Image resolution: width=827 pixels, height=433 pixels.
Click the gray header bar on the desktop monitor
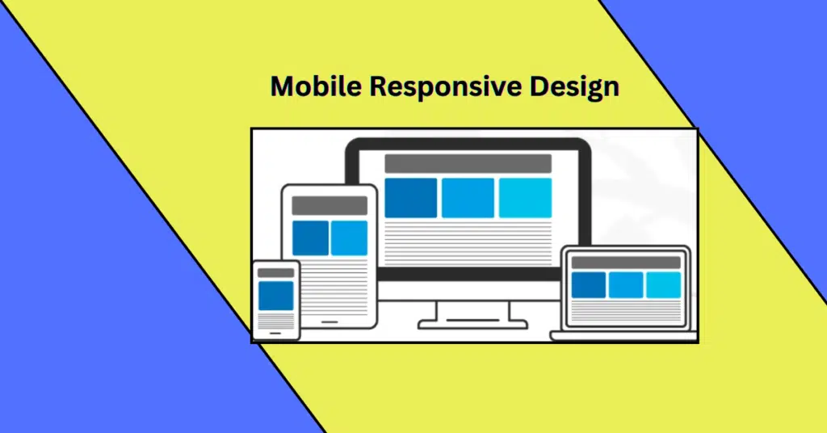pos(468,163)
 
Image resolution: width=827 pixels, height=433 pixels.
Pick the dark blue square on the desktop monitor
pos(410,198)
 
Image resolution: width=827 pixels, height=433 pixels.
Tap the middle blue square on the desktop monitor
pos(468,198)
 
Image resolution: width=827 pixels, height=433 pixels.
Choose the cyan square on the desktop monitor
pos(525,198)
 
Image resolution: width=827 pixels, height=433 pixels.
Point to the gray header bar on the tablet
pos(329,205)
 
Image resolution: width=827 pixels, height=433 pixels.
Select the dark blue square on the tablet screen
pos(310,238)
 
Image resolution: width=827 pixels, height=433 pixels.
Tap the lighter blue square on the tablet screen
pos(349,238)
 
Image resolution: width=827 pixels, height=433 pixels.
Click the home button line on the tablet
pos(330,321)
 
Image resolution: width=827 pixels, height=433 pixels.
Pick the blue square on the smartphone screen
pos(276,296)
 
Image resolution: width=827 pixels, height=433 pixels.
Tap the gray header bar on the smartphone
pos(276,273)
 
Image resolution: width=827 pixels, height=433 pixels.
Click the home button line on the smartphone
pos(276,332)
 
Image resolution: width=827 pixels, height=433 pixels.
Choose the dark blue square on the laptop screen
pos(588,284)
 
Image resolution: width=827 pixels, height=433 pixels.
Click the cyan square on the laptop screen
pos(664,284)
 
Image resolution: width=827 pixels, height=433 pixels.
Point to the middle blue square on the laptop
pos(626,284)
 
